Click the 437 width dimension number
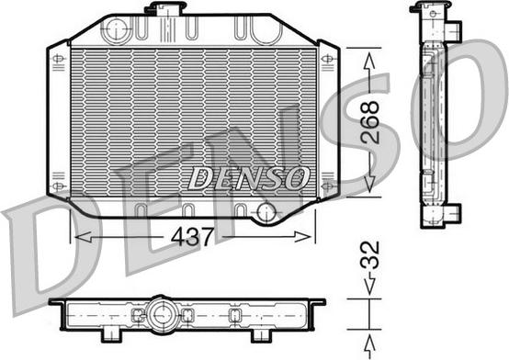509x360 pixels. [192, 237]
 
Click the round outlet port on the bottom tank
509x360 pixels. [266, 214]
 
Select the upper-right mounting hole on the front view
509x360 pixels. [326, 60]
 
